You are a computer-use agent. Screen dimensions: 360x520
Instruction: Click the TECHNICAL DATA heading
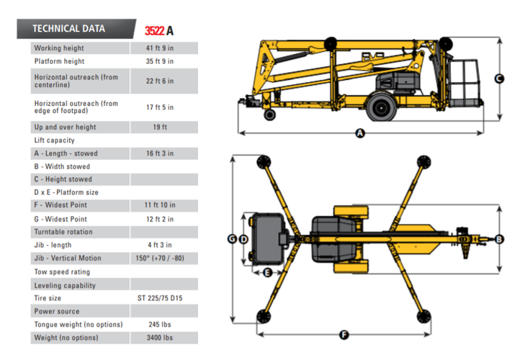69,29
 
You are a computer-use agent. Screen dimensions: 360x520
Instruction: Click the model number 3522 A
159,30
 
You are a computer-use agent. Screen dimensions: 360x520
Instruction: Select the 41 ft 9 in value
163,48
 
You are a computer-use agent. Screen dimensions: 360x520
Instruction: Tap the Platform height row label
59,62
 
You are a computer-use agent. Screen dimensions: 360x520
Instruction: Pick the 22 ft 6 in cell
163,81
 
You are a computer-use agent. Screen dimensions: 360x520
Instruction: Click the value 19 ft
163,127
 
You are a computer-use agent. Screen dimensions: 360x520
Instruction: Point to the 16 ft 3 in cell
163,153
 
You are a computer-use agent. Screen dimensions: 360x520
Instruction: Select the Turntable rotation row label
63,232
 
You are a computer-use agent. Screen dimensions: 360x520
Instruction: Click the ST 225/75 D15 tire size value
163,298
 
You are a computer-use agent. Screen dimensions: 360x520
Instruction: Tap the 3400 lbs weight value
163,338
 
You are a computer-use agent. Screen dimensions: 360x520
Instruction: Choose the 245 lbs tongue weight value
163,324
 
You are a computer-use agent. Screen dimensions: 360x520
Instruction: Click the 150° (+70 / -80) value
163,258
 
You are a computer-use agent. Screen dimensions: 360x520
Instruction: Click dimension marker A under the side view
360,133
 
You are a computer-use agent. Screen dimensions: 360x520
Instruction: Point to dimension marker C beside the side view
499,78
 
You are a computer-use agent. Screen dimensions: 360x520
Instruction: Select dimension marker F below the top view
344,334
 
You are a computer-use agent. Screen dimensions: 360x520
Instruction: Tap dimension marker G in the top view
232,238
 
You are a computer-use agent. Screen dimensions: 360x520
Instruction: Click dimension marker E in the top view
266,272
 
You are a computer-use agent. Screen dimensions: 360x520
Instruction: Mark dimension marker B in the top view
499,239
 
